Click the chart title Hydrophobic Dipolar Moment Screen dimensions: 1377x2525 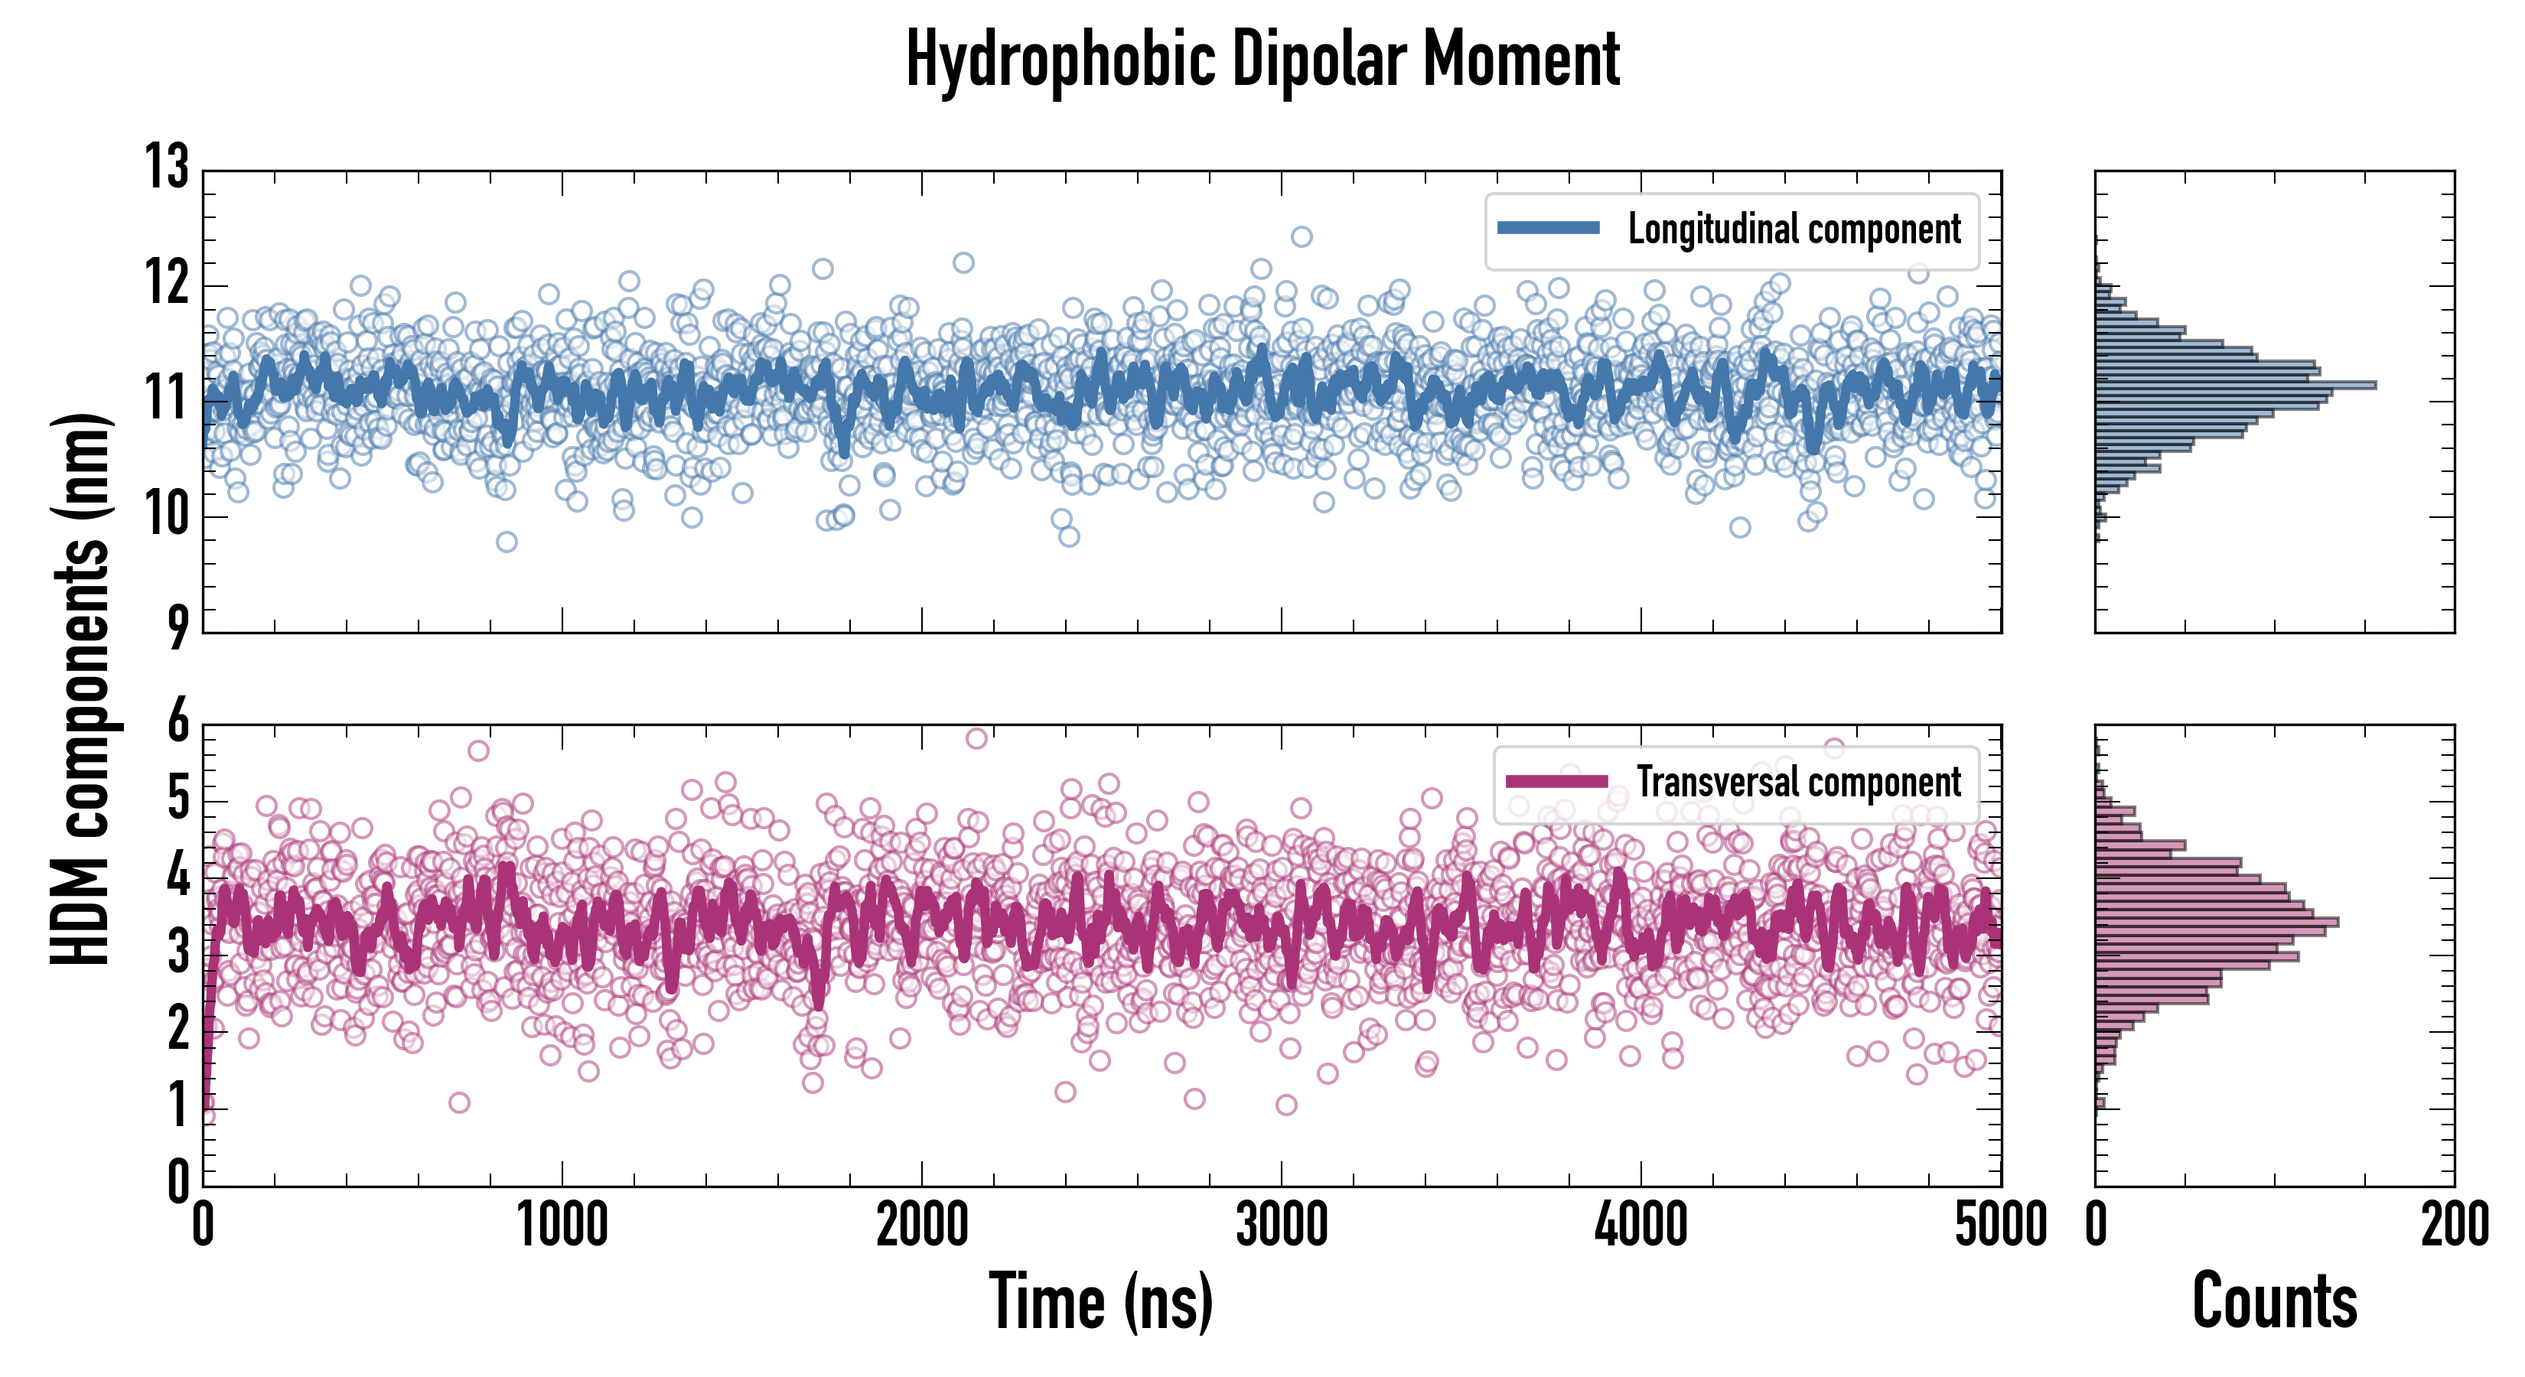tap(1262, 60)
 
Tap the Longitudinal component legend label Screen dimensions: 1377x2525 tap(1794, 229)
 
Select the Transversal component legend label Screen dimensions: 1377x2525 tap(1799, 782)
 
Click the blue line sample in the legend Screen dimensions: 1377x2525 tap(1549, 229)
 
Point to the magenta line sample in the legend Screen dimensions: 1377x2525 tap(1556, 781)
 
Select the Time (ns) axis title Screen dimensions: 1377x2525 tap(1101, 1301)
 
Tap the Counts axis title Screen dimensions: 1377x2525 tap(2274, 1301)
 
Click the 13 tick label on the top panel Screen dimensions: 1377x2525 tap(168, 167)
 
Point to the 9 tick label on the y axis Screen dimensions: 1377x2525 tap(178, 627)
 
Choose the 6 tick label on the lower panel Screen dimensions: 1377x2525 tap(178, 722)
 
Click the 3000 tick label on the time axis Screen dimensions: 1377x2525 tap(1281, 1225)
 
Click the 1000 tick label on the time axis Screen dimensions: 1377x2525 tap(562, 1225)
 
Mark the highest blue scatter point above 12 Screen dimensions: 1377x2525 tap(1302, 236)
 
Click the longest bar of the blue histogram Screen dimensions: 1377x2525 tap(2235, 385)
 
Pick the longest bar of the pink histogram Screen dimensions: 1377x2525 tap(2216, 923)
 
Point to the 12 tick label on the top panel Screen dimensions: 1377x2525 tap(168, 285)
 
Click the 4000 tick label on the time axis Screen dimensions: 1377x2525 tap(1640, 1225)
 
